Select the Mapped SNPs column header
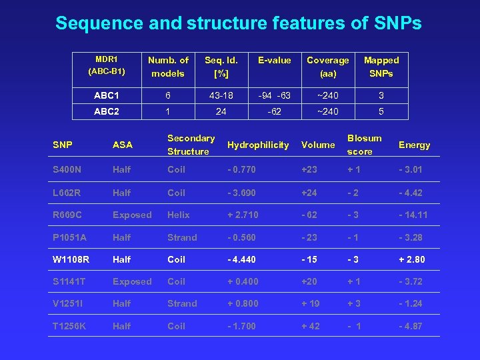(x=381, y=67)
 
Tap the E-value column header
(x=274, y=61)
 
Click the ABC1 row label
(x=107, y=95)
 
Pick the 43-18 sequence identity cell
(x=221, y=95)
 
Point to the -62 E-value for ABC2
(x=274, y=112)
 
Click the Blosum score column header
(x=364, y=145)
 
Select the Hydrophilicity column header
(x=258, y=145)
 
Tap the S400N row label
(x=68, y=170)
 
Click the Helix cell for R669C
(x=179, y=215)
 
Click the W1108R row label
(x=71, y=259)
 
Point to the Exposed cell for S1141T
(x=132, y=282)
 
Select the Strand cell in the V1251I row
(x=182, y=303)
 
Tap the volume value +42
(x=310, y=326)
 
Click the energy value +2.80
(x=412, y=259)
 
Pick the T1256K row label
(x=70, y=326)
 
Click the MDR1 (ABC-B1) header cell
(x=107, y=67)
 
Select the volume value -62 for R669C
(x=309, y=215)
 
